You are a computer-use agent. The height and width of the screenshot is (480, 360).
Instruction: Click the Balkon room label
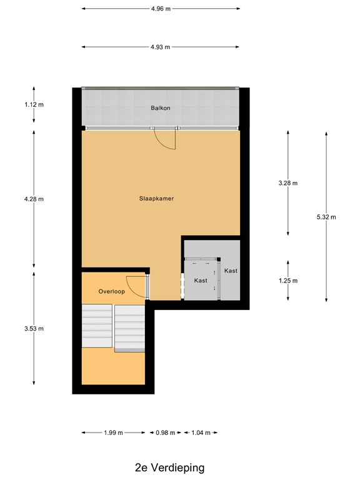click(160, 108)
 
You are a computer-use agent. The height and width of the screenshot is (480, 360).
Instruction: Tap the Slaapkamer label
click(156, 199)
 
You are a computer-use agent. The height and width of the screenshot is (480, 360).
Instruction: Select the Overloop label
click(111, 292)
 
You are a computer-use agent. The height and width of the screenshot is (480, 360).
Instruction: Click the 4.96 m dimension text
click(161, 9)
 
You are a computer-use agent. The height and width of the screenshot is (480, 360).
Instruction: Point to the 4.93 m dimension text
click(161, 47)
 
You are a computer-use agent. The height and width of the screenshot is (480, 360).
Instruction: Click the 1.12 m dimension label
click(34, 104)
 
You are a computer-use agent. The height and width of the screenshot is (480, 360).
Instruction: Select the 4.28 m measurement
click(34, 199)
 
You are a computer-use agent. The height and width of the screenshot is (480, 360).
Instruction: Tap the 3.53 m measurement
click(34, 328)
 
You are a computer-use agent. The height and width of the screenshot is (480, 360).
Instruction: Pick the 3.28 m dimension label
click(288, 183)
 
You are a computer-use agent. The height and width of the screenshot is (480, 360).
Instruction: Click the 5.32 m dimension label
click(326, 217)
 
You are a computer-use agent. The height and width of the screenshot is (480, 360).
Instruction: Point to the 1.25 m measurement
click(288, 281)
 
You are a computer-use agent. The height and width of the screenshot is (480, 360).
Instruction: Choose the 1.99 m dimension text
click(113, 432)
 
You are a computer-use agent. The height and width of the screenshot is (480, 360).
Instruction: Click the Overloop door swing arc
click(134, 286)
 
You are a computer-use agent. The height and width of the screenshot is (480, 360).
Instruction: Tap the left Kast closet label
click(201, 281)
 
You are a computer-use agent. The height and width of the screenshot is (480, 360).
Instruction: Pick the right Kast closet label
click(231, 271)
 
